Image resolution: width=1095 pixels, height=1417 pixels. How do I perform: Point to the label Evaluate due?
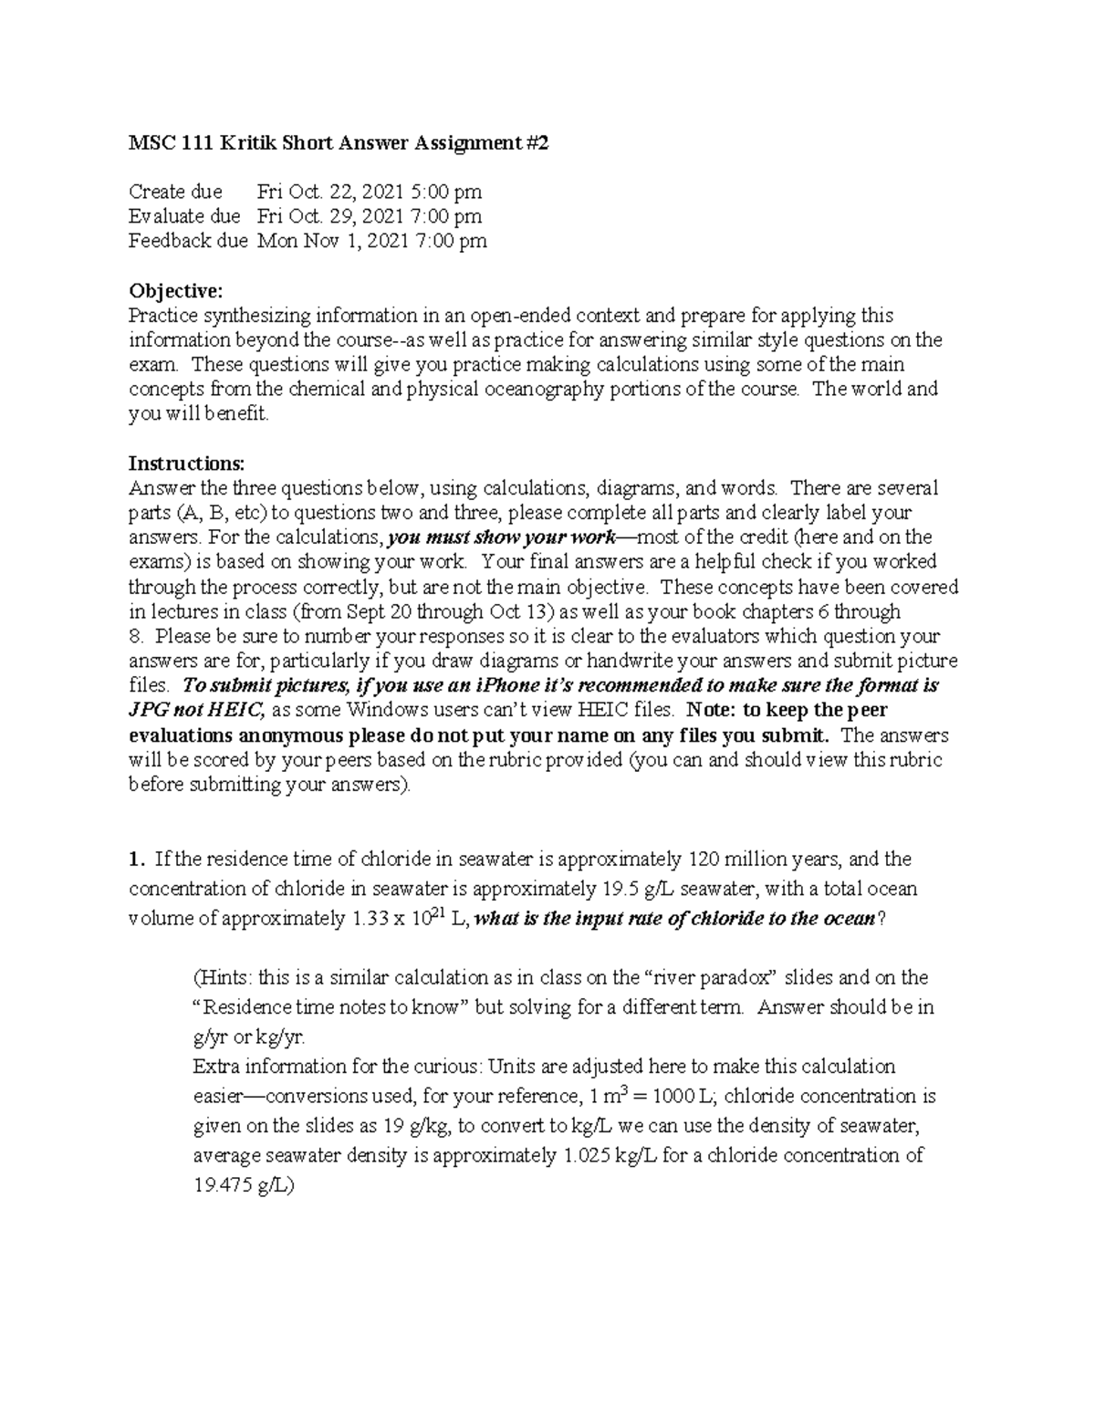pos(184,216)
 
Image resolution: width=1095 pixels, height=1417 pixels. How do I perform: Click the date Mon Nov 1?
pos(307,241)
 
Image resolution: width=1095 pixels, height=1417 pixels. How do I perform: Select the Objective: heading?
pos(175,290)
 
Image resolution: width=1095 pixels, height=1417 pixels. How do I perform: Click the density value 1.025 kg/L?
pos(607,1155)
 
